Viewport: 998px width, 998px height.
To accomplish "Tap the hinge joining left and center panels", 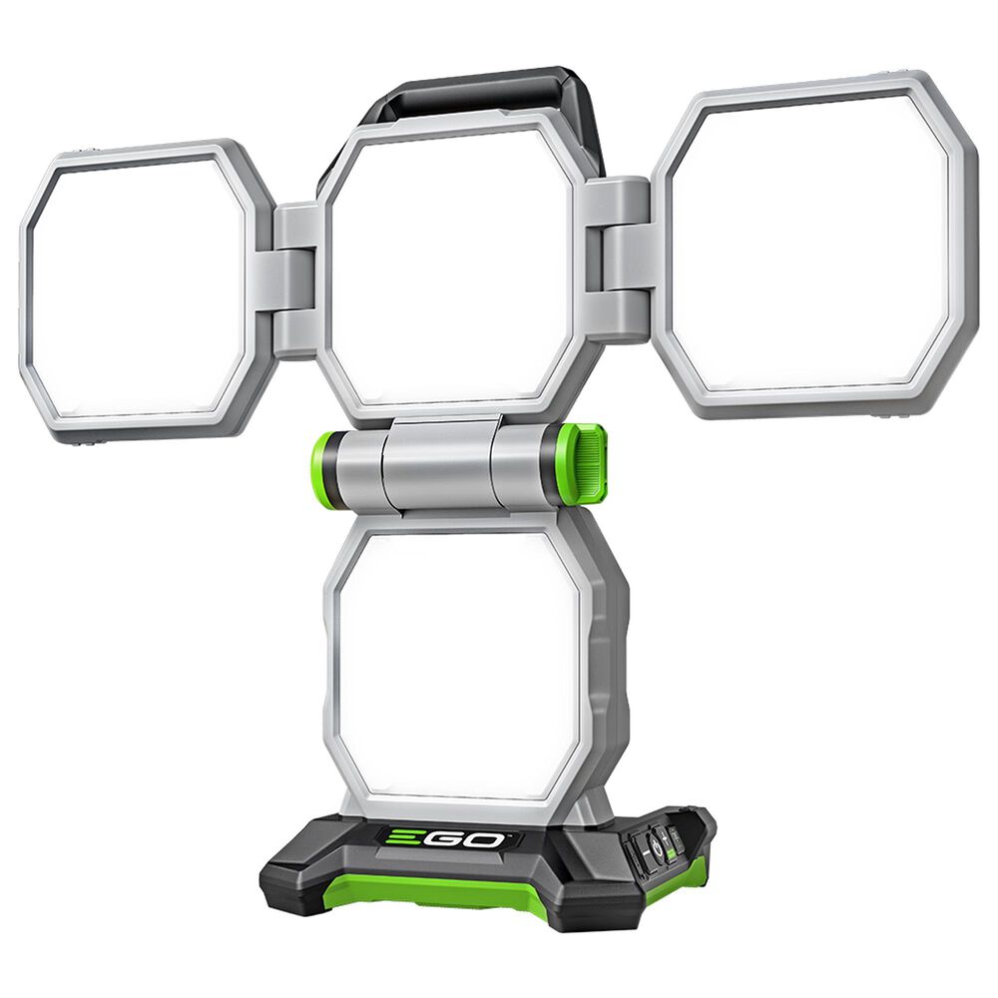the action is (297, 280).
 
